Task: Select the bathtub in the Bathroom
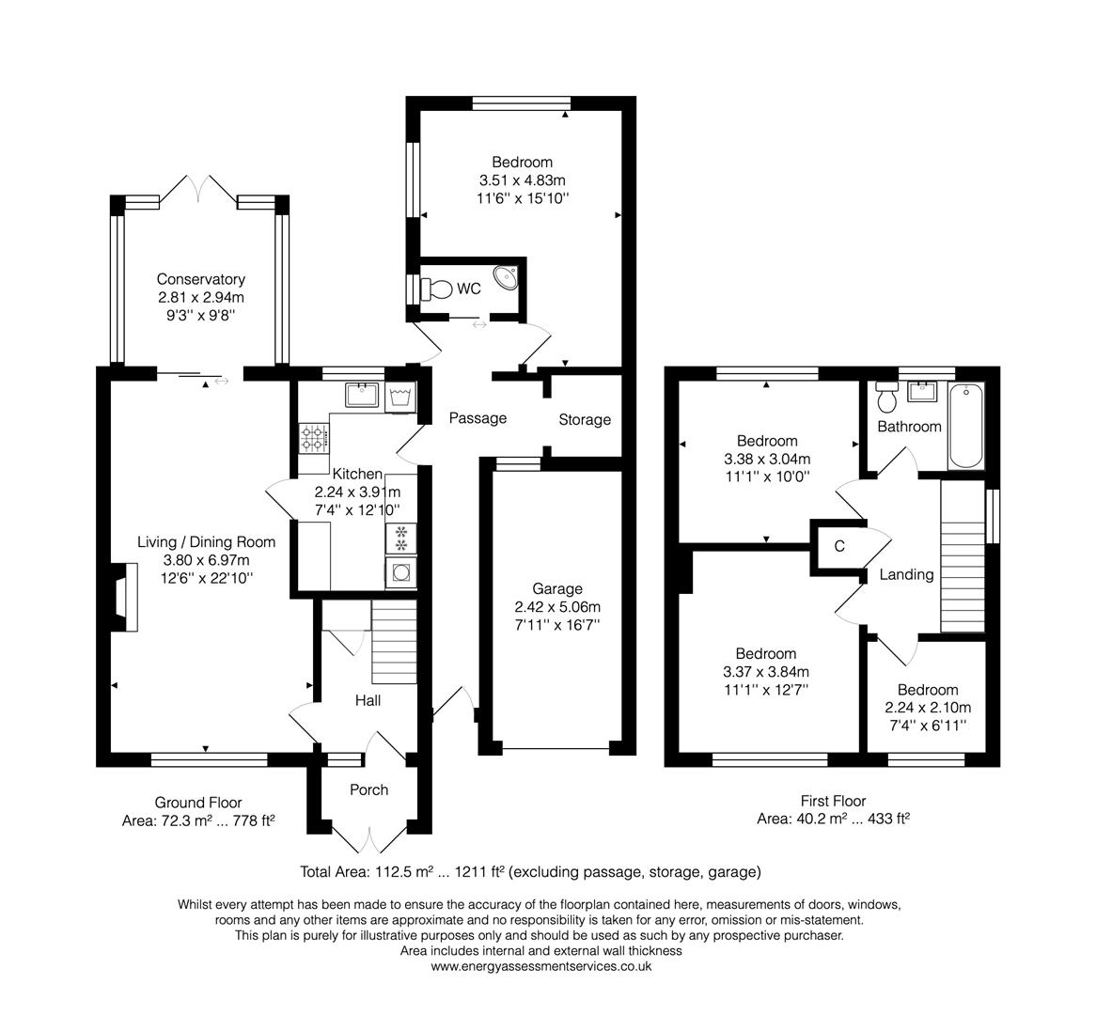[x=965, y=426]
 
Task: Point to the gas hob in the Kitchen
[x=314, y=435]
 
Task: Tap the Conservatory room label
[x=200, y=279]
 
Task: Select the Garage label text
[x=560, y=589]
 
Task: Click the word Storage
[x=585, y=420]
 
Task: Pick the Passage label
[x=478, y=418]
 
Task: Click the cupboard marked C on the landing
[x=838, y=546]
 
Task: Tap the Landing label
[x=906, y=574]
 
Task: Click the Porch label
[x=368, y=789]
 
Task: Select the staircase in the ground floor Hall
[x=394, y=645]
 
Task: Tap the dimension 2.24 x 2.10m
[x=927, y=708]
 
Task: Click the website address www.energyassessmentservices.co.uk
[x=541, y=966]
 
